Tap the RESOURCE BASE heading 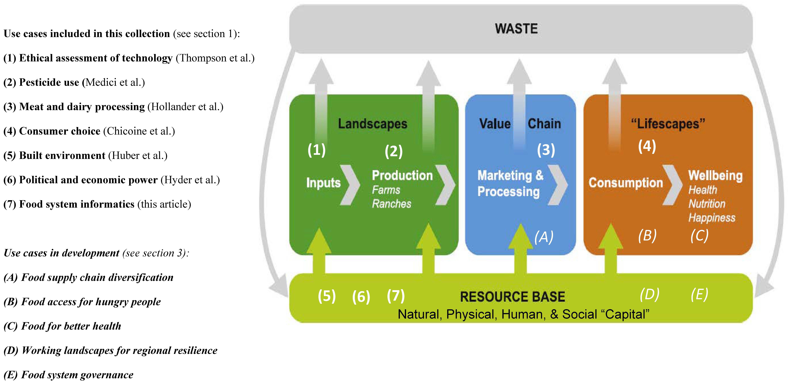pos(512,297)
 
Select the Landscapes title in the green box pos(372,124)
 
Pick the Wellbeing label pos(715,176)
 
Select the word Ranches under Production pos(391,204)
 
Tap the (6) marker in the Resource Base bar pos(361,297)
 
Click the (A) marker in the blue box pos(544,237)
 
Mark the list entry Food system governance pos(77,375)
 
